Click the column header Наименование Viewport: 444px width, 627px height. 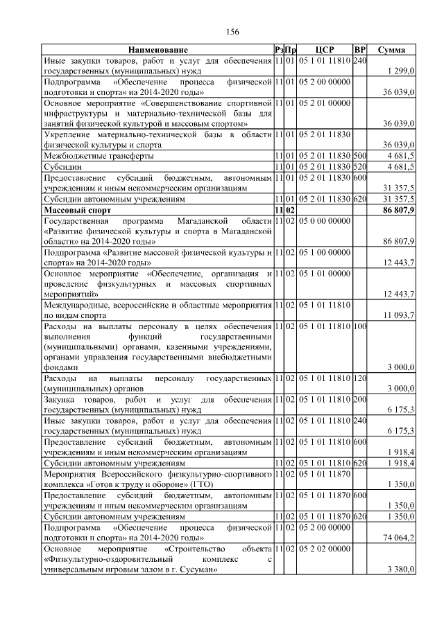tap(157, 51)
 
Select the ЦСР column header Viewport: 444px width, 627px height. tap(325, 51)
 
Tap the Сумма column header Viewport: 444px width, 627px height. tap(391, 51)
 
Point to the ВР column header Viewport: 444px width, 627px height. tap(359, 51)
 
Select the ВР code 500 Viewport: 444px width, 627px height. tap(359, 156)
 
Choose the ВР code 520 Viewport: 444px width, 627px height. tap(359, 167)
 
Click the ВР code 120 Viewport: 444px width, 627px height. tap(359, 379)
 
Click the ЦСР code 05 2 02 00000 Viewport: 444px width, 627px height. tap(325, 548)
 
